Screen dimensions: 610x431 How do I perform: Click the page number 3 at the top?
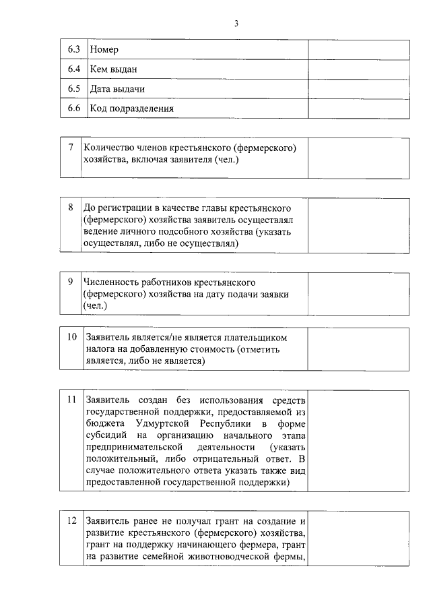pos(236,24)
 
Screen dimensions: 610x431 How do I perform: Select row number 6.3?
pos(74,50)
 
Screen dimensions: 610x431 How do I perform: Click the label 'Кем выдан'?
pos(114,69)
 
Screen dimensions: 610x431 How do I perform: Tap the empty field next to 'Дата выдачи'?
pos(358,89)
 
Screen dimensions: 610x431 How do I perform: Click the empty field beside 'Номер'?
pos(358,50)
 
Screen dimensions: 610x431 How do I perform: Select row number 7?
pos(71,147)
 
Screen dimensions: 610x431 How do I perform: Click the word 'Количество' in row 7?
pos(109,148)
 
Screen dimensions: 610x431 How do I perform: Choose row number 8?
pos(71,206)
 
